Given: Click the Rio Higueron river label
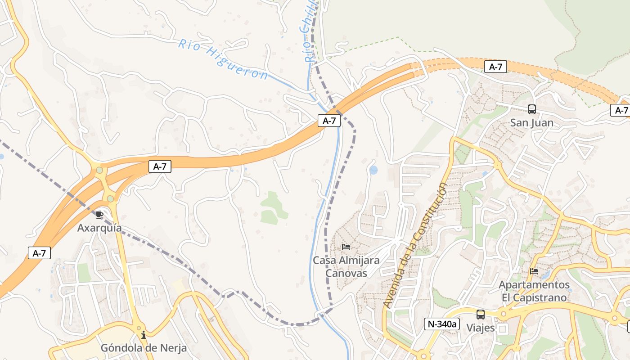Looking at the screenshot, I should point(223,58).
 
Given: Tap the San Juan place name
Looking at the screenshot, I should point(531,123).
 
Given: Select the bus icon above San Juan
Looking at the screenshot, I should point(531,109).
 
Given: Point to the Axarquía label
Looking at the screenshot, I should point(99,228).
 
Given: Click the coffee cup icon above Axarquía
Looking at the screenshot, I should point(99,215).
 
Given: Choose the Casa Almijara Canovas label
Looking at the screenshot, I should point(346,266).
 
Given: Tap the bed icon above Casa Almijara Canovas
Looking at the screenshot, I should point(346,247).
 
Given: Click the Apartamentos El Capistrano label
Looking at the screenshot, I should point(534,291).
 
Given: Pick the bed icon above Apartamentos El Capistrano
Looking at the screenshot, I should point(534,271).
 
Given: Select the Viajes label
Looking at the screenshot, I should point(481,328).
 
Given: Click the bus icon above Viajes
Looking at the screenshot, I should point(481,314).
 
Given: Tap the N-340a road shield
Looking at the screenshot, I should point(441,324).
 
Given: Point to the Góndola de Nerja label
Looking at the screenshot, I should point(144,348).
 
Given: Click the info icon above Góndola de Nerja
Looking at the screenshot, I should point(144,335).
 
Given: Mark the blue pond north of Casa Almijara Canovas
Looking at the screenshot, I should point(373,170).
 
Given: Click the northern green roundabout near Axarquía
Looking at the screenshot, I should point(99,170).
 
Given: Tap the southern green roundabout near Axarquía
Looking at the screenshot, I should point(110,198).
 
